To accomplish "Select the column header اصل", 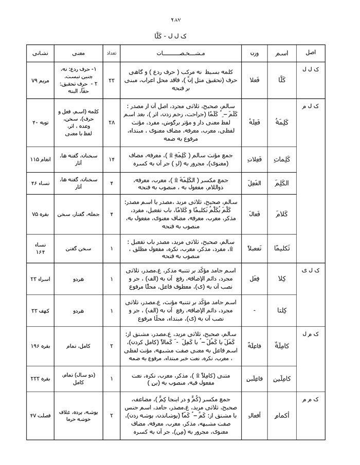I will click(311, 53).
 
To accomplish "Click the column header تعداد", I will click(112, 53).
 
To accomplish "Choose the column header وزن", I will click(254, 53).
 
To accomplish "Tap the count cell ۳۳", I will click(112, 81).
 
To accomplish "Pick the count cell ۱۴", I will click(112, 159).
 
